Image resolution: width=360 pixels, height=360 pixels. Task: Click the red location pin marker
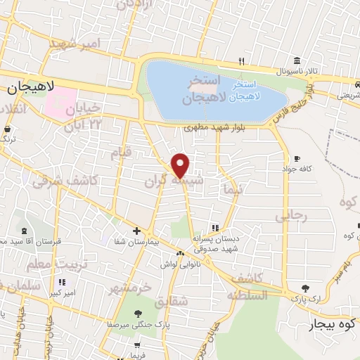pyautogui.click(x=181, y=165)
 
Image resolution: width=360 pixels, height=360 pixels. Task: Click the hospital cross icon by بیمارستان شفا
pyautogui.click(x=137, y=231)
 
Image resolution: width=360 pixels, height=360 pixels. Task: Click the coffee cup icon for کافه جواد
pyautogui.click(x=297, y=158)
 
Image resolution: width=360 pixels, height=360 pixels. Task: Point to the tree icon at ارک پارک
pyautogui.click(x=305, y=288)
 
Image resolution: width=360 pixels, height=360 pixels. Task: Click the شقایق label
pyautogui.click(x=190, y=301)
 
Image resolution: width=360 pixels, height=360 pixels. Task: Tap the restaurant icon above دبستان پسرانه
pyautogui.click(x=215, y=228)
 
